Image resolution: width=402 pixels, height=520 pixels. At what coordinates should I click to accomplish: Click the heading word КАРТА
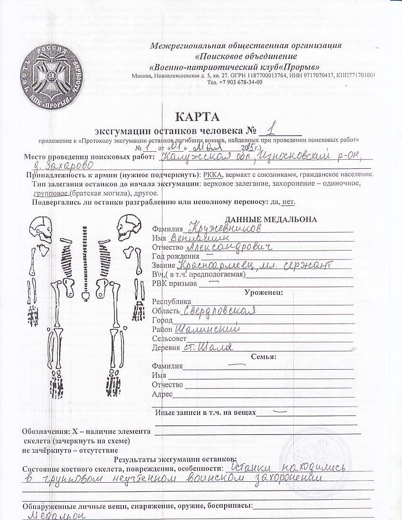(x=198, y=116)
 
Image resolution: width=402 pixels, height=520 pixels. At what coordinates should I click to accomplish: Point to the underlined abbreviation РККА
(x=214, y=174)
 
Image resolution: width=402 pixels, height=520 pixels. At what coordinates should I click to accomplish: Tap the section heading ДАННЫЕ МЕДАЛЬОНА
(x=271, y=219)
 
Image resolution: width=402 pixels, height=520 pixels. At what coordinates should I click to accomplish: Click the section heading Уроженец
(x=263, y=292)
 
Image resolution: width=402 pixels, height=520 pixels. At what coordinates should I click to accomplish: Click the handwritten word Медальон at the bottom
(x=52, y=514)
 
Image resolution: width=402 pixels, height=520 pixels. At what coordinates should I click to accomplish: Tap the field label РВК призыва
(x=174, y=284)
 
